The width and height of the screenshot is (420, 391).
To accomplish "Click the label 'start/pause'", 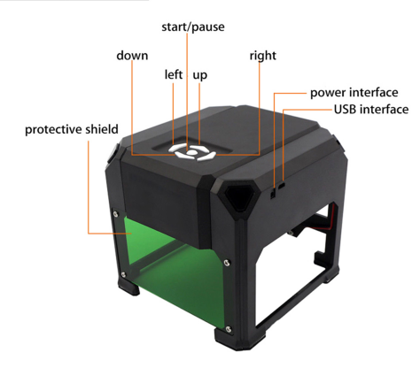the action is [x=193, y=27].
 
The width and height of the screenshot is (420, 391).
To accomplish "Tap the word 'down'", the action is [x=132, y=56].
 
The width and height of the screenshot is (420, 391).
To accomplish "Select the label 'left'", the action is [x=174, y=74].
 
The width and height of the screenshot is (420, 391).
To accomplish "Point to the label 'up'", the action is [x=200, y=75].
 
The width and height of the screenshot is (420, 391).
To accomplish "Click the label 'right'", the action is [x=263, y=56].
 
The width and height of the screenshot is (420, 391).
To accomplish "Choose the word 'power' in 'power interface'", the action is [x=328, y=93].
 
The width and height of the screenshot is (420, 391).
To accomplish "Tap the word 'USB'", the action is [x=345, y=110].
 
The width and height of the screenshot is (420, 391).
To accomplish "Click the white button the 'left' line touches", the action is [x=178, y=148].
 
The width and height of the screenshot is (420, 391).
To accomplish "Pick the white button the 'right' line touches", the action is [x=207, y=157].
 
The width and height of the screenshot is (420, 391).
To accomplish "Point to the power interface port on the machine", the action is [x=273, y=194].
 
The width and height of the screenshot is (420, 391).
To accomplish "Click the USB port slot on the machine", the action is [x=282, y=186].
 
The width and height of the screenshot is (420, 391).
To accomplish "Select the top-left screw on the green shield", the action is [x=116, y=214].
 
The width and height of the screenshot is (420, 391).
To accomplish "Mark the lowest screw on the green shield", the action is [x=229, y=328].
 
